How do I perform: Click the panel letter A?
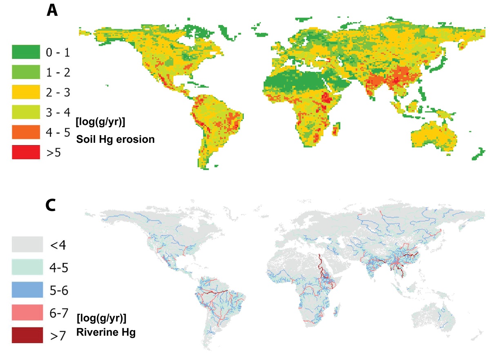(x=52, y=10)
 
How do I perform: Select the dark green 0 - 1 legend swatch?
(x=26, y=52)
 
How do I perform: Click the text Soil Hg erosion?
(x=116, y=139)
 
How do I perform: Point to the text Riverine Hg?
(x=106, y=333)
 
